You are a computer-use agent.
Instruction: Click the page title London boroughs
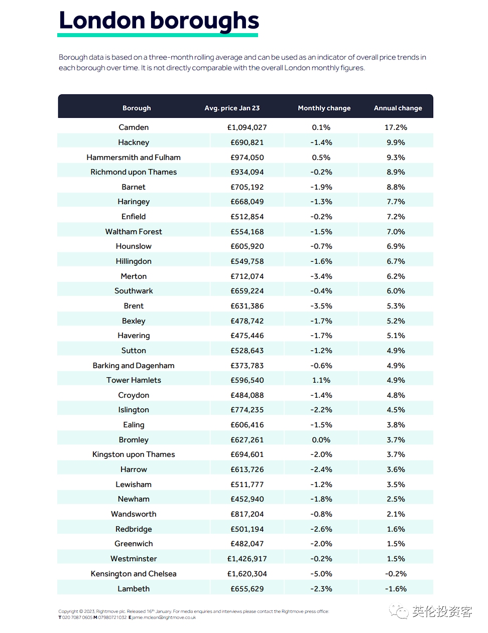pyautogui.click(x=159, y=21)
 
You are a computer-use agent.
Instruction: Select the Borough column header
pyautogui.click(x=137, y=108)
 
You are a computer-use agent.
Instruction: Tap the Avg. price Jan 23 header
pyautogui.click(x=232, y=108)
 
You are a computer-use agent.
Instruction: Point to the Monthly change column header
pyautogui.click(x=324, y=108)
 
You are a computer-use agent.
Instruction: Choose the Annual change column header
pyautogui.click(x=398, y=108)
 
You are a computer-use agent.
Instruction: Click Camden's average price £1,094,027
pyautogui.click(x=247, y=127)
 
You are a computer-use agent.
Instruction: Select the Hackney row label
pyautogui.click(x=134, y=142)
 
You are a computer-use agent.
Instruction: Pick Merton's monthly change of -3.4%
pyautogui.click(x=321, y=276)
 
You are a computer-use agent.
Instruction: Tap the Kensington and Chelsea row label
pyautogui.click(x=134, y=574)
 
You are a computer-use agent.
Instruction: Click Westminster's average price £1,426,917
pyautogui.click(x=247, y=559)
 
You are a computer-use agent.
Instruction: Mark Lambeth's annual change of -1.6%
pyautogui.click(x=396, y=589)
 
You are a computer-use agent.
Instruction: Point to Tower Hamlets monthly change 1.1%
pyautogui.click(x=321, y=380)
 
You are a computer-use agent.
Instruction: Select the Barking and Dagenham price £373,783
pyautogui.click(x=247, y=366)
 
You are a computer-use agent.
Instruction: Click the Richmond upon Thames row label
pyautogui.click(x=134, y=172)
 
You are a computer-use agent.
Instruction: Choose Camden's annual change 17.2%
pyautogui.click(x=396, y=127)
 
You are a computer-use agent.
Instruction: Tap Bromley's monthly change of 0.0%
pyautogui.click(x=321, y=440)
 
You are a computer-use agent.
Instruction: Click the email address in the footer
pyautogui.click(x=164, y=617)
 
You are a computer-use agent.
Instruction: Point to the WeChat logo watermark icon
pyautogui.click(x=399, y=611)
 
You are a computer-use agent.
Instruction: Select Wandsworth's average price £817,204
pyautogui.click(x=247, y=514)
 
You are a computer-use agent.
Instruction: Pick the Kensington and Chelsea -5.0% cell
pyautogui.click(x=321, y=574)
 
